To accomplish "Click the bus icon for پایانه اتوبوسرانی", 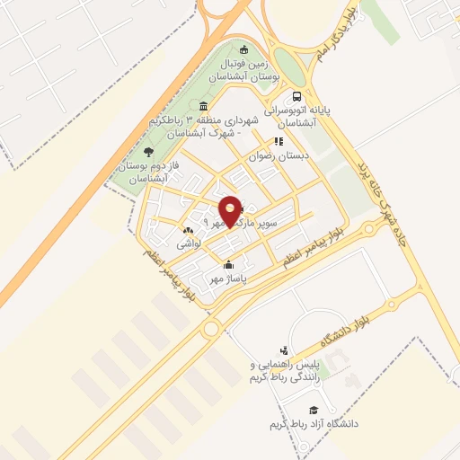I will coord(296,97).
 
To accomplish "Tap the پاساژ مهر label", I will coord(228,279).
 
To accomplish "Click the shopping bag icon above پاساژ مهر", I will coord(229,264).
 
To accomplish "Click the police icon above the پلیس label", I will coord(285,350).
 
